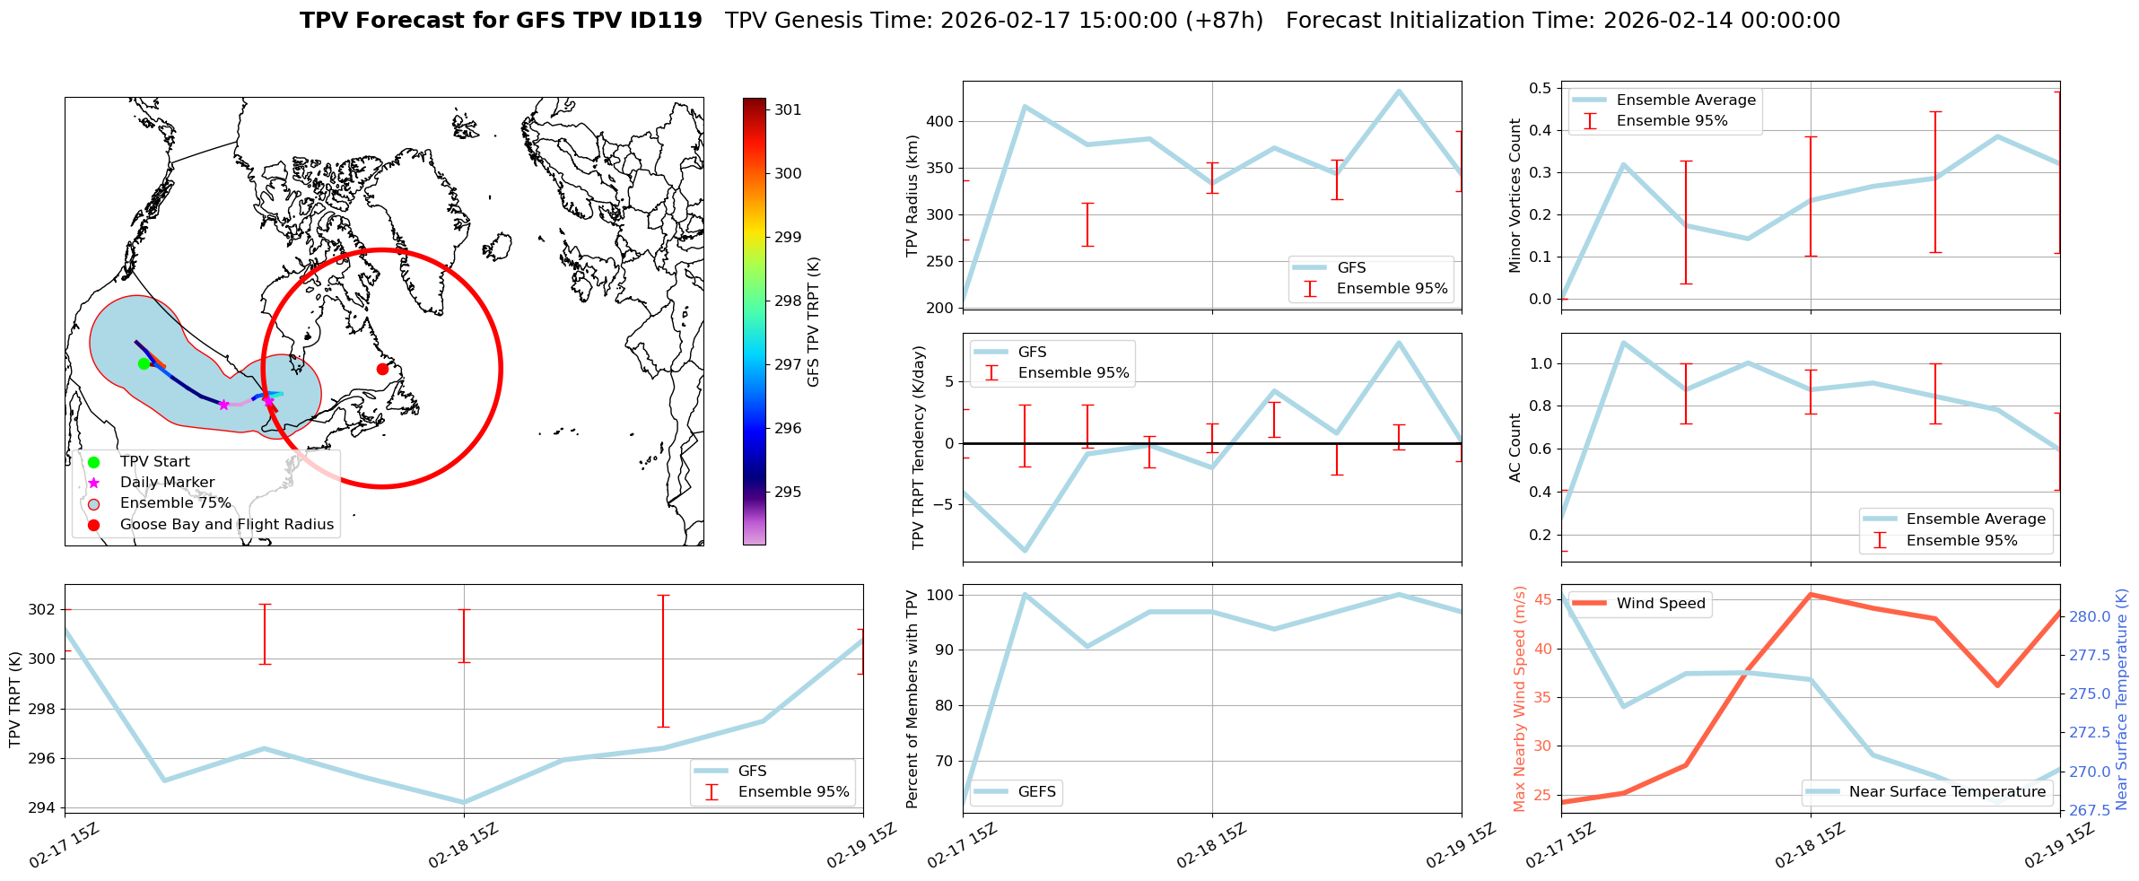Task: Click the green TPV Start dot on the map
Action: (144, 363)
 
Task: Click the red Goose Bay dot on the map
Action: (382, 369)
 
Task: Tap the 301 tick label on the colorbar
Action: (788, 110)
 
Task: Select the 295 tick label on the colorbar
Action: (788, 493)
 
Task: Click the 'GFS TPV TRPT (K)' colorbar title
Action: (814, 322)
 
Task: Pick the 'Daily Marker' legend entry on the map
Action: (167, 483)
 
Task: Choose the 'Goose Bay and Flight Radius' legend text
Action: (226, 525)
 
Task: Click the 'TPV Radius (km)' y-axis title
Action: (913, 196)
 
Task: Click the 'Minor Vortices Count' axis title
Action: (1515, 196)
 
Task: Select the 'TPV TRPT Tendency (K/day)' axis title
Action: (919, 449)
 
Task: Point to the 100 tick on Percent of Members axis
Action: (941, 595)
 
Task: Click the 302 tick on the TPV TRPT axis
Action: (43, 610)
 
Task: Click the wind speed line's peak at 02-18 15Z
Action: (1811, 594)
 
